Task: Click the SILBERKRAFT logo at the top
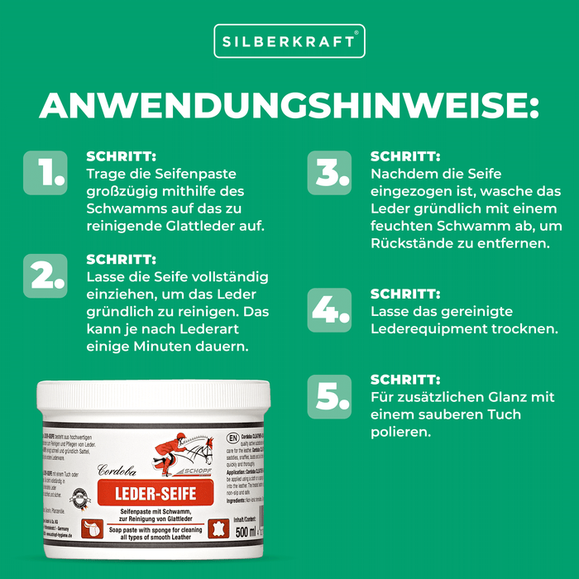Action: coord(289,41)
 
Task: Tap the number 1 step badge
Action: coord(45,172)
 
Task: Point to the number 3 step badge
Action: coord(328,172)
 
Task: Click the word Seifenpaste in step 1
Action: coord(199,174)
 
